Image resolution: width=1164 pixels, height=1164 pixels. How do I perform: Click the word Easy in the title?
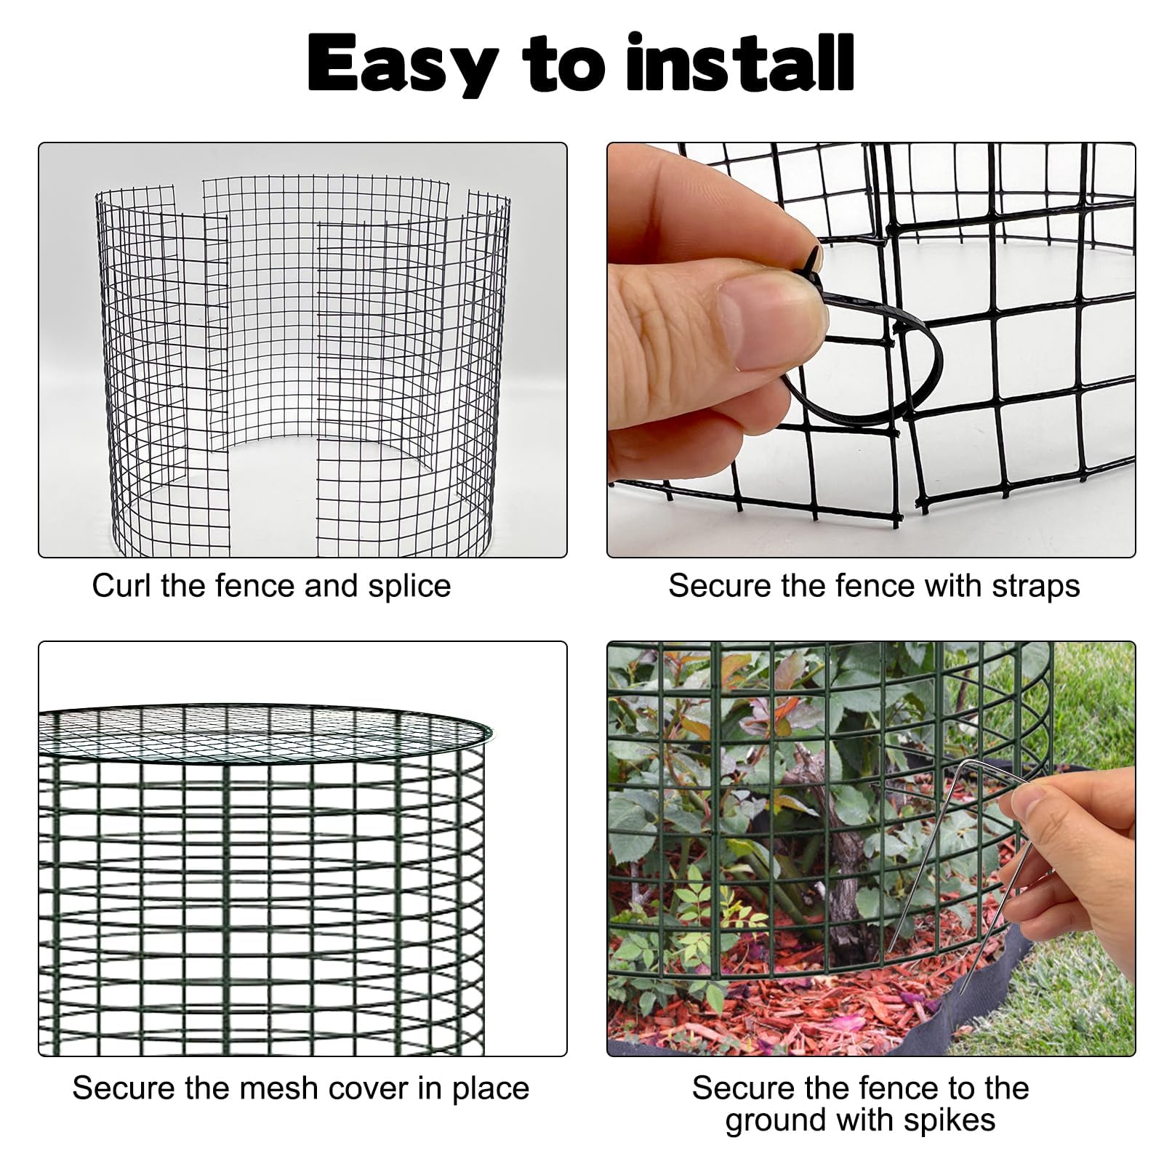[403, 65]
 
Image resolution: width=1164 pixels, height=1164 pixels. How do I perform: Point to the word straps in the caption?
[1035, 587]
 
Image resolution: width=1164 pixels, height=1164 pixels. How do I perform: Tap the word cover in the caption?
[367, 1090]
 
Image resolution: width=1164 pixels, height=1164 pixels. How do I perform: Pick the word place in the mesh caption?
[491, 1090]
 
